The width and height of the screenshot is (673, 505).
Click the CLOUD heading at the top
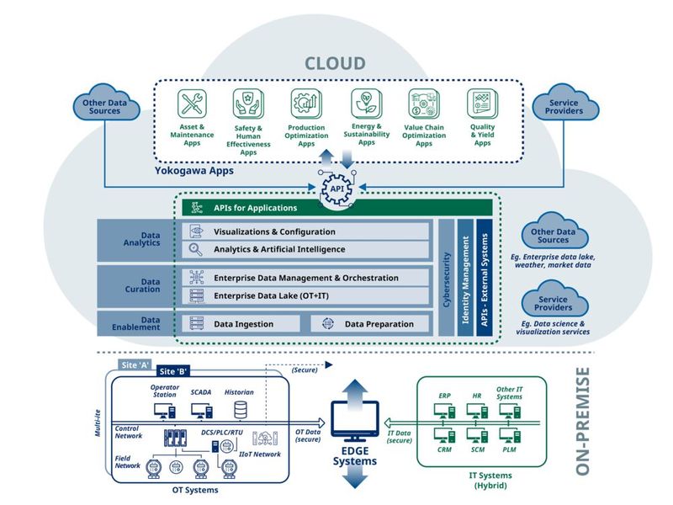(x=334, y=63)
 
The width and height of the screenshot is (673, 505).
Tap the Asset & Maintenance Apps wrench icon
(x=192, y=104)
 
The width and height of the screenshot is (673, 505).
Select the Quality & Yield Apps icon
(x=482, y=104)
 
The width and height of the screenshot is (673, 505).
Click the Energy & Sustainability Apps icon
(x=366, y=104)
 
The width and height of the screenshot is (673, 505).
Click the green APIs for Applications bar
(x=336, y=207)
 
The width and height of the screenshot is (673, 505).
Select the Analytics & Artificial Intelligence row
(x=307, y=250)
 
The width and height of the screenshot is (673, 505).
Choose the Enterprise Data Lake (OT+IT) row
(x=307, y=295)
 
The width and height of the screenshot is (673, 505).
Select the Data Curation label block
(x=135, y=286)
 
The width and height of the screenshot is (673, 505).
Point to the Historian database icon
(x=241, y=410)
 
